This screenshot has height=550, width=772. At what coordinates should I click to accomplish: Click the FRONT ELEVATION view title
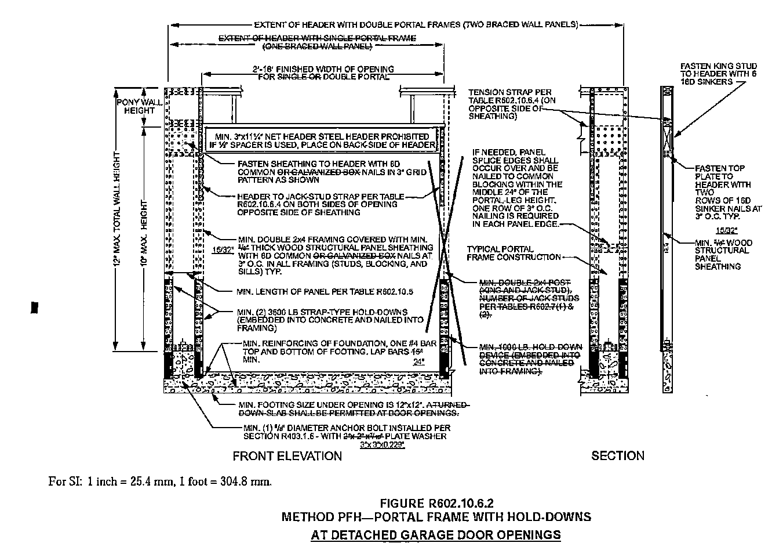point(287,456)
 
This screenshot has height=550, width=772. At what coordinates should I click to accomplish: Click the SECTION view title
point(617,456)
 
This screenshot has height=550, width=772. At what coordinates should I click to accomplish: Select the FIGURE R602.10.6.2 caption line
point(436,502)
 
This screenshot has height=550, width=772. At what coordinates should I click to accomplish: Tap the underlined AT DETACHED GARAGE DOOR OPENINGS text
point(436,534)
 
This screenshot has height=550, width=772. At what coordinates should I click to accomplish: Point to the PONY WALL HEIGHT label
point(136,106)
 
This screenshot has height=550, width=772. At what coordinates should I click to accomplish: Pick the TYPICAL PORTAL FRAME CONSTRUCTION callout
point(514,253)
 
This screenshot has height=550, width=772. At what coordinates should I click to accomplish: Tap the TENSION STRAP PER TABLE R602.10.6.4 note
point(509,104)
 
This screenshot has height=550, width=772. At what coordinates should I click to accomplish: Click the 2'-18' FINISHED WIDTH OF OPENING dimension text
point(323,73)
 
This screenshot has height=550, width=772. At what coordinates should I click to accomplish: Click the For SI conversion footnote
point(161,481)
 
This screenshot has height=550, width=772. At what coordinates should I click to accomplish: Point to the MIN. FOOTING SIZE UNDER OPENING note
point(348,408)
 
